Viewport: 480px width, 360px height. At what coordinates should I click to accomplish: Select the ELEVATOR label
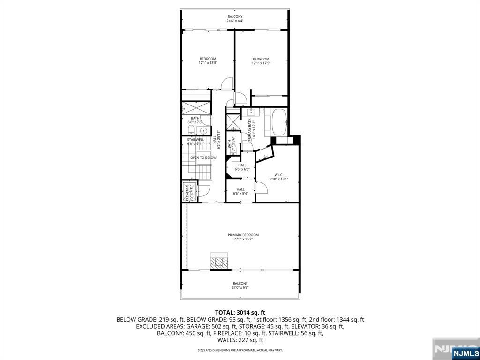(187, 193)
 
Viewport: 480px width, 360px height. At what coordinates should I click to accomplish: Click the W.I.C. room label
(278, 174)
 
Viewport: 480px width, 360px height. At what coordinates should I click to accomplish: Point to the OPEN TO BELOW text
(203, 157)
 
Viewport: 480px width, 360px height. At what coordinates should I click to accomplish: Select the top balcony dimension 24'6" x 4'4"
(235, 21)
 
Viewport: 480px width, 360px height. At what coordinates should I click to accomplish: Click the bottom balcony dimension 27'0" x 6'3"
(240, 287)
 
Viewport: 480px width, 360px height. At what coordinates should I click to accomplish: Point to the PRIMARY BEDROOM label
(243, 235)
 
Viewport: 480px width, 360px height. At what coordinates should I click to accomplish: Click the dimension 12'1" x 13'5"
(208, 63)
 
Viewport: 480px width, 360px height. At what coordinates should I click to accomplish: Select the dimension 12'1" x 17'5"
(261, 63)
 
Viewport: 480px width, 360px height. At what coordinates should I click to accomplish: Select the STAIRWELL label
(196, 139)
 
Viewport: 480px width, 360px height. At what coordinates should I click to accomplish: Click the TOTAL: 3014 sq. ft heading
(240, 312)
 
